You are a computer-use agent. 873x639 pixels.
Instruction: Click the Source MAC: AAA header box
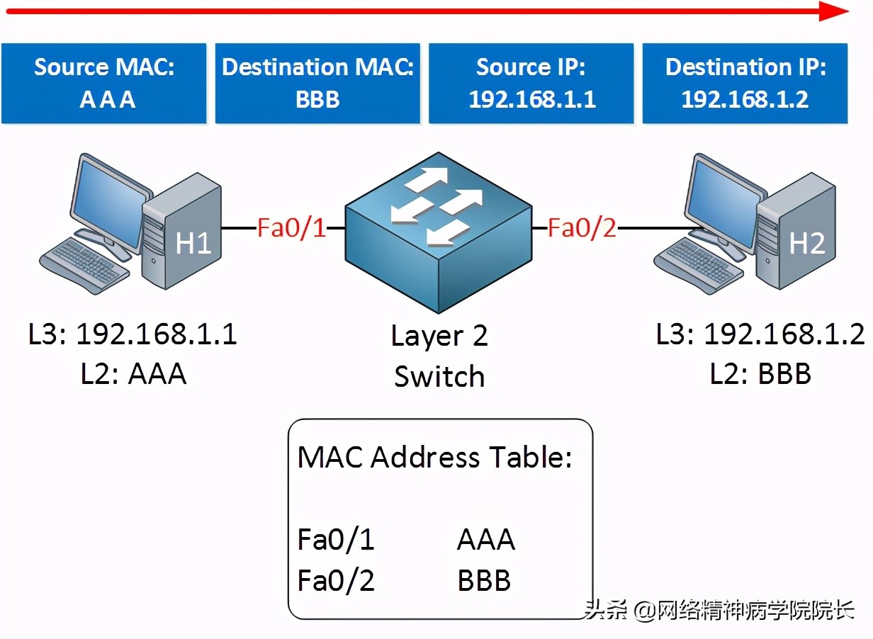[x=104, y=83]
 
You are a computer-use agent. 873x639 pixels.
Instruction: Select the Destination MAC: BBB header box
[x=317, y=83]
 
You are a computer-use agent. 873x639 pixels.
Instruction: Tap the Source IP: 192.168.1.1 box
[x=531, y=83]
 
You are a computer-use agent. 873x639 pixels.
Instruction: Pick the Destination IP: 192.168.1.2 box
[x=745, y=83]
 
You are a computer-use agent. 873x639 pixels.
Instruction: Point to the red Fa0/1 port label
[x=291, y=228]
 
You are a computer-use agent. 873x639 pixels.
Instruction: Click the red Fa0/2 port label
[x=582, y=228]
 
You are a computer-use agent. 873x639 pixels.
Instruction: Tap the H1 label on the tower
[x=193, y=243]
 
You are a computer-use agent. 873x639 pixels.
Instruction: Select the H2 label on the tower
[x=807, y=243]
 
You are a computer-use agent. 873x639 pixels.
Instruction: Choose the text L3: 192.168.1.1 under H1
[x=133, y=334]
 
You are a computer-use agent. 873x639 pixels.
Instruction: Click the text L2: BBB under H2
[x=760, y=374]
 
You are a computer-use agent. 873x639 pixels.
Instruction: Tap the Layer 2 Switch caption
[x=439, y=356]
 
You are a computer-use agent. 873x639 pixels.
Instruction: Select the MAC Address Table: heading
[x=434, y=458]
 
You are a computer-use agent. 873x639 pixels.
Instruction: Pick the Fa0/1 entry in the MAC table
[x=336, y=541]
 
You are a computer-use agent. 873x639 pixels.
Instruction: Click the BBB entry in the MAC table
[x=484, y=582]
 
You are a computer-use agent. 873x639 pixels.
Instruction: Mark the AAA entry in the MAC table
[x=486, y=541]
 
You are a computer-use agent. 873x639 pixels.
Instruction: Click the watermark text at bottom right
[x=720, y=610]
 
